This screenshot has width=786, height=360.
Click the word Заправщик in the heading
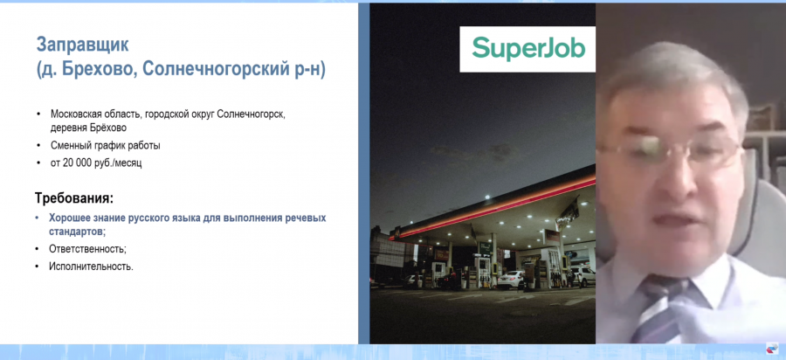[82, 45]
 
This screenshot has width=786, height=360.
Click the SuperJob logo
[528, 49]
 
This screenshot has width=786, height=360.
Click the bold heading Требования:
[74, 197]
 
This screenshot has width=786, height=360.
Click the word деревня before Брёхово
[66, 128]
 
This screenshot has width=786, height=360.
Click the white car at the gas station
[510, 280]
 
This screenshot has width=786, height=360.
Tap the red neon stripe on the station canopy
[491, 206]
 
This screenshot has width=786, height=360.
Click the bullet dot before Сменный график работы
[38, 147]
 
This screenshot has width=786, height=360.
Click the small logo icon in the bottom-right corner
[772, 349]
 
